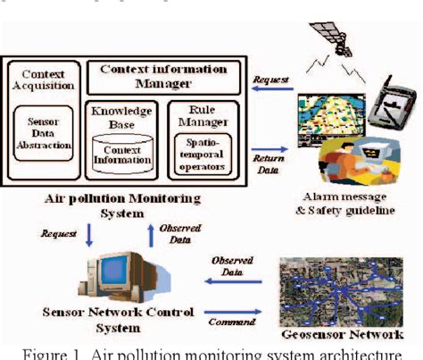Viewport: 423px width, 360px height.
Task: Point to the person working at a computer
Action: [359, 155]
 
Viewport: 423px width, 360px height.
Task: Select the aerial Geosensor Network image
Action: [338, 291]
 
